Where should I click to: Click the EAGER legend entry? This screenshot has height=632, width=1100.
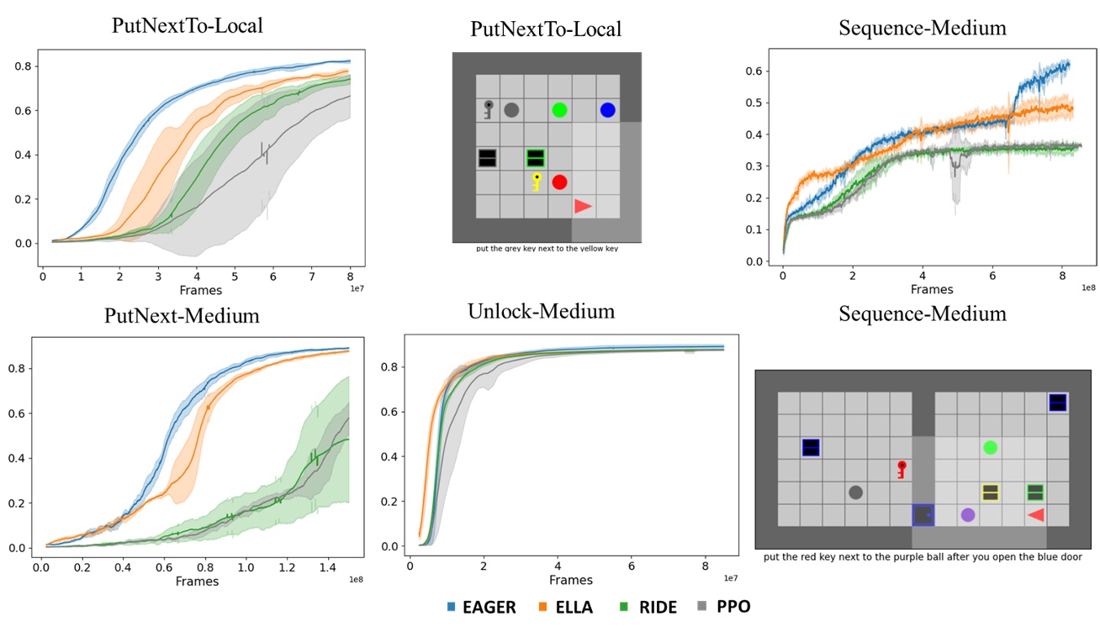point(482,607)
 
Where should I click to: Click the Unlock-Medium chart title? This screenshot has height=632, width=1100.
point(541,312)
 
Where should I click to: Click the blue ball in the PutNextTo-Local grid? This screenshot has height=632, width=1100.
point(607,110)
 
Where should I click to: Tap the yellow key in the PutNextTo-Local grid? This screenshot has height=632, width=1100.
point(536,182)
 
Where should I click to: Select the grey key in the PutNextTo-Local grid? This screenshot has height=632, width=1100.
point(488,109)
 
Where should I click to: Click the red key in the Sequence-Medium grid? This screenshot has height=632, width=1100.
point(901,469)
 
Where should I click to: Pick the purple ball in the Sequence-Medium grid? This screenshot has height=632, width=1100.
point(968,514)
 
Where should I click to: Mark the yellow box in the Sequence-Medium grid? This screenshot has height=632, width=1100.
point(990,492)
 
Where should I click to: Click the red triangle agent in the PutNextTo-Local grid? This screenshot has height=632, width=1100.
point(583,206)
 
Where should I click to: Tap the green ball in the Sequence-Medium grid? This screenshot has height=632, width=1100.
point(991,448)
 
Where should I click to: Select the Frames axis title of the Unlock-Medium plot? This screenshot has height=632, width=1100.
point(570,580)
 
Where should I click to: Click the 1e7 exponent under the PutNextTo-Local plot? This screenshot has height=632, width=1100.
point(357,287)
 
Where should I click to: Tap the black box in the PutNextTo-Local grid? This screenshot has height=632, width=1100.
point(487,158)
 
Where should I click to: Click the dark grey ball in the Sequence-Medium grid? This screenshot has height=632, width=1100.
point(855,492)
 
